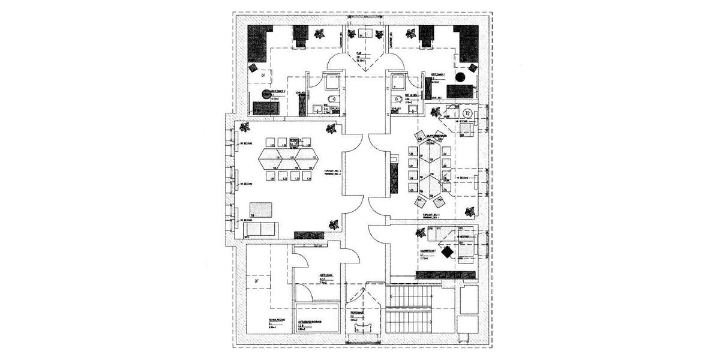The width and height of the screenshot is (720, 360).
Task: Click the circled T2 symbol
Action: [x=467, y=112]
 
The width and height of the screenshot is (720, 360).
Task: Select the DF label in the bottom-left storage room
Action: [x=256, y=280]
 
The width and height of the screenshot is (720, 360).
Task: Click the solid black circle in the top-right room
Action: [x=461, y=77]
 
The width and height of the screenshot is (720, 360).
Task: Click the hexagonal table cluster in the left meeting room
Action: [x=289, y=158]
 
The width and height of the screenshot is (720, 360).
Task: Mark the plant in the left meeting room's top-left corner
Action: [x=245, y=127]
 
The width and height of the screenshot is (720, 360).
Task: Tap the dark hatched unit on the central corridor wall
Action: [x=393, y=177]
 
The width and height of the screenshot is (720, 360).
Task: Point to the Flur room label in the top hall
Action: [x=359, y=56]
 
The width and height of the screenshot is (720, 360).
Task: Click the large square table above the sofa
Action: [x=261, y=209]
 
